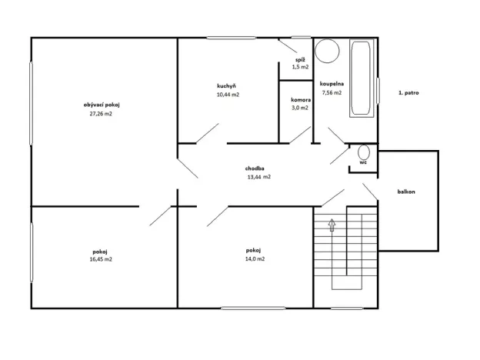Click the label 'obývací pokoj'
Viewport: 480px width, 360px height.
point(103,105)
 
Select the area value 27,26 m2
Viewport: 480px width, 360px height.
point(101,114)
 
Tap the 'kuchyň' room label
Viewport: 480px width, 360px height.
point(226,85)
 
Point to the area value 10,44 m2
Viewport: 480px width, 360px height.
point(228,95)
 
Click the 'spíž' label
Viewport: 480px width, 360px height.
point(300,59)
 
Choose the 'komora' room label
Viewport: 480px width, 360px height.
point(300,99)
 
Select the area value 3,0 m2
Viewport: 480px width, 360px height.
point(300,108)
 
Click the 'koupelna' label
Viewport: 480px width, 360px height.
point(332,83)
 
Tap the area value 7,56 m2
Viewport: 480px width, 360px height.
point(332,92)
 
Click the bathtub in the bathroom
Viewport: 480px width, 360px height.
point(362,79)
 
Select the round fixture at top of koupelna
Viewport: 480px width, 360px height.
point(328,51)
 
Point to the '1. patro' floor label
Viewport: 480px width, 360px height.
point(408,92)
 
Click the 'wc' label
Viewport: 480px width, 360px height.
point(363,163)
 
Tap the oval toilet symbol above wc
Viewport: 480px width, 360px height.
point(364,152)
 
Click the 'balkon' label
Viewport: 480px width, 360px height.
point(406,192)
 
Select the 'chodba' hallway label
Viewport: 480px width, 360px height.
point(255,168)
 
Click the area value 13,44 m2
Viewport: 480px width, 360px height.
point(258,177)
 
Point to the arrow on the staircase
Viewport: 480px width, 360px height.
point(332,225)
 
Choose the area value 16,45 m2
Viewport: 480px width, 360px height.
point(101,260)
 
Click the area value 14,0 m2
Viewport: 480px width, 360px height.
point(255,260)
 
